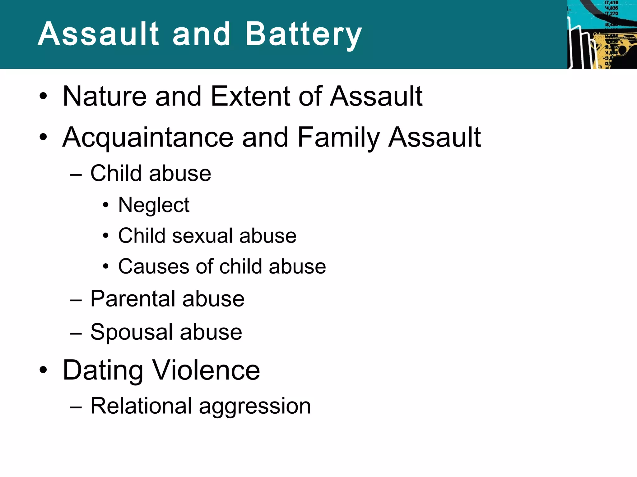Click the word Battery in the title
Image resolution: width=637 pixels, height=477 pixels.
click(x=303, y=35)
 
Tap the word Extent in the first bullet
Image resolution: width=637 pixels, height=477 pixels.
click(x=250, y=96)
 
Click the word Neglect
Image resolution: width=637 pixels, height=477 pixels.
click(x=154, y=205)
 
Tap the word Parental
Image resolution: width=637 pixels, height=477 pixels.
click(x=132, y=299)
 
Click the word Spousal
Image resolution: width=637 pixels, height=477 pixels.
click(x=131, y=332)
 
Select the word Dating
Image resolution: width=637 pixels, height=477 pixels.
click(x=103, y=370)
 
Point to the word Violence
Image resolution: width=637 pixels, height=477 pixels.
click(x=207, y=370)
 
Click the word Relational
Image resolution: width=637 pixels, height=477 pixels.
click(x=141, y=406)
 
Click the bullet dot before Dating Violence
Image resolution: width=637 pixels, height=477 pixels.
click(x=43, y=370)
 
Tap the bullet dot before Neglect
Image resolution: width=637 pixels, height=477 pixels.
click(x=106, y=205)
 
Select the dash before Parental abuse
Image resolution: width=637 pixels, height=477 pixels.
click(x=76, y=300)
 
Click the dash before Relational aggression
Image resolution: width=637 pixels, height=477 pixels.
click(x=76, y=407)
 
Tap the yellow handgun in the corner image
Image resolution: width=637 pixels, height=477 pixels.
click(x=617, y=50)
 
